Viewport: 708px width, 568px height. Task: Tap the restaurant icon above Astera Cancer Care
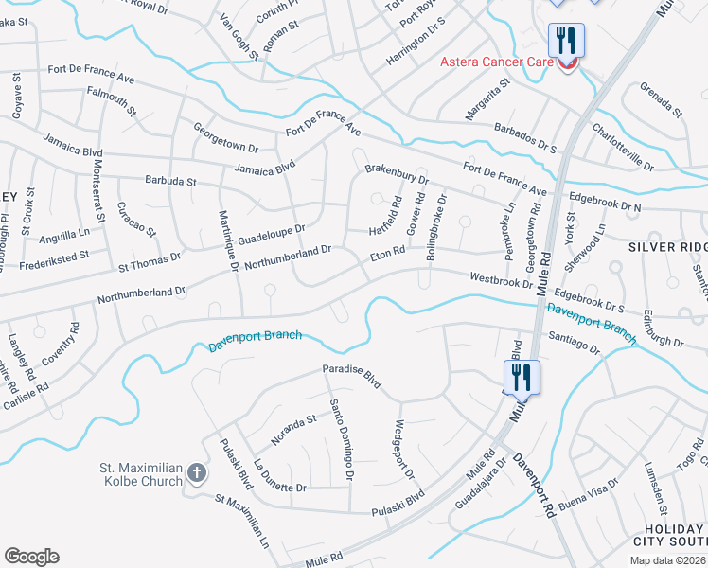pos(566,40)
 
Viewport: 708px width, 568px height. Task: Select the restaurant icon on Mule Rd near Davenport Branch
pos(521,377)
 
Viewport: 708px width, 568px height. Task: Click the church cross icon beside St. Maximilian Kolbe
pos(196,472)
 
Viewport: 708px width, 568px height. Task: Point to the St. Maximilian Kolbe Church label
pos(140,474)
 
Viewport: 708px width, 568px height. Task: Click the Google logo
pos(31,557)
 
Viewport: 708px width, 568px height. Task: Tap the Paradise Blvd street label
pos(351,375)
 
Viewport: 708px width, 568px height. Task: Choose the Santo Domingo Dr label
pos(342,440)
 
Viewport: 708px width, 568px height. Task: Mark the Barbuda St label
pos(170,180)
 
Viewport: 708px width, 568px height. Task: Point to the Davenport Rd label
pos(534,484)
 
